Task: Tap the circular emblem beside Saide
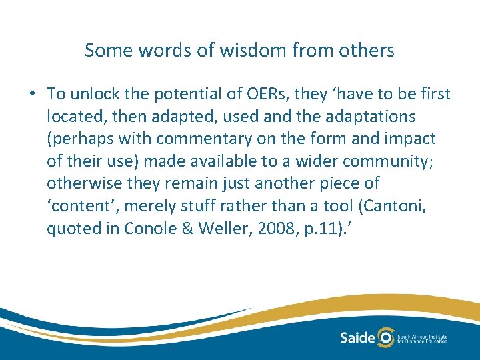coord(385,337)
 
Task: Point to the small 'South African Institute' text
coord(423,335)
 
